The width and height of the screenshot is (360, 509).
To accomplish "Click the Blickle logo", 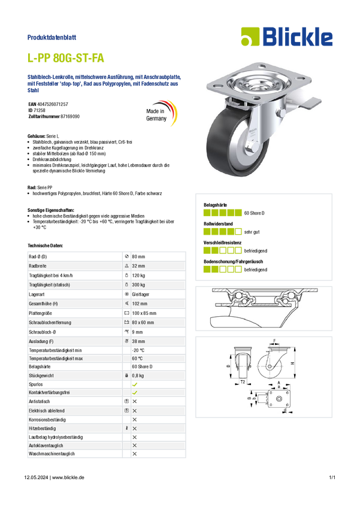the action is (287, 37).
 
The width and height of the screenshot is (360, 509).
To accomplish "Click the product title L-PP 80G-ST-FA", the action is (65, 57).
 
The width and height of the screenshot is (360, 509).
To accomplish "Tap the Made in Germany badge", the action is (161, 113).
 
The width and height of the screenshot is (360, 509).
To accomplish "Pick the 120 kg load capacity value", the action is (138, 275).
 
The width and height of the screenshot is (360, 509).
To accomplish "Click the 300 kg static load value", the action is (138, 285).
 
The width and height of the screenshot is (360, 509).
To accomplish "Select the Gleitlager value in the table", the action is (141, 295).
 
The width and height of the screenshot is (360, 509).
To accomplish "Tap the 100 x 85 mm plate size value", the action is (144, 313).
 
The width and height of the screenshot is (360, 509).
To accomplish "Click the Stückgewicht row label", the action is (41, 375).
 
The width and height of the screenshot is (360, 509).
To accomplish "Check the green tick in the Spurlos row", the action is (135, 384).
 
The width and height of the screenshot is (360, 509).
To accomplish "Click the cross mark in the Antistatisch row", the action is (135, 402).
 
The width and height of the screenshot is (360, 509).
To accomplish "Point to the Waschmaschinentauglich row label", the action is (52, 454).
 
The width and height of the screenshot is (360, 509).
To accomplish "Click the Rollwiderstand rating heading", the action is (218, 224).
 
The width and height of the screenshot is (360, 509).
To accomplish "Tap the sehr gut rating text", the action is (252, 232).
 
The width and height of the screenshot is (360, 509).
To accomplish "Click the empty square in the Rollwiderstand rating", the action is (238, 232).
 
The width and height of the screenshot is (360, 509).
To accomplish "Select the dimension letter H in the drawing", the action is (292, 363).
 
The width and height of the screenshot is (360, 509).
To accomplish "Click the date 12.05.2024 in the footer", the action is (36, 477).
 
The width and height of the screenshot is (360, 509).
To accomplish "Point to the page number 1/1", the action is (332, 477).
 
